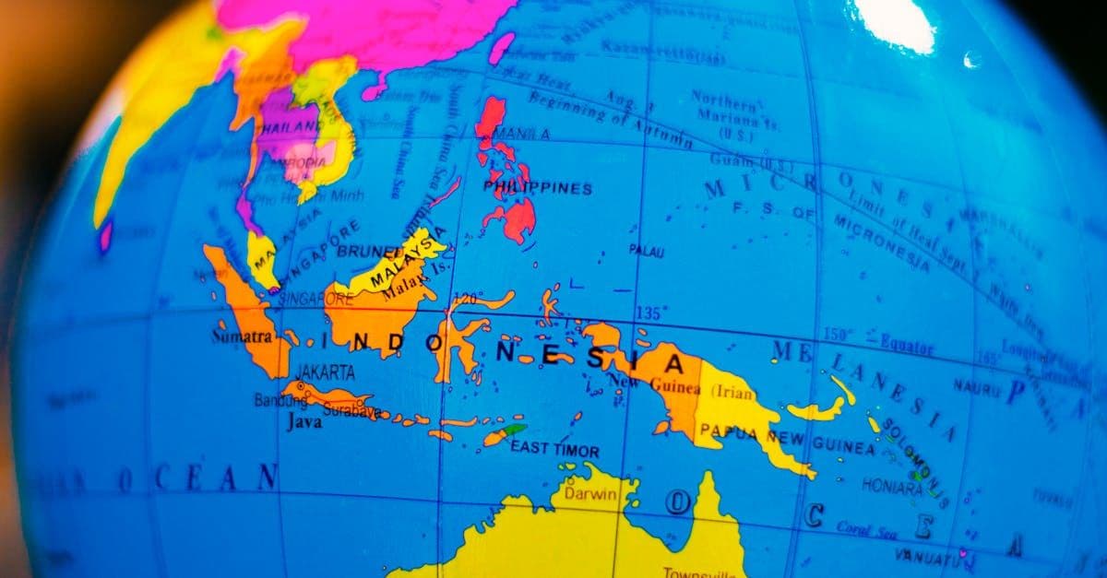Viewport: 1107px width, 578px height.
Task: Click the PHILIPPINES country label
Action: pyautogui.click(x=538, y=189)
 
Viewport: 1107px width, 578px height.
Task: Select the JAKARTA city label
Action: pyautogui.click(x=325, y=373)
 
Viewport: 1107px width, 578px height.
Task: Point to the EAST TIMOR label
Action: pyautogui.click(x=554, y=451)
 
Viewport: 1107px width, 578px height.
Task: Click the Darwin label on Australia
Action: pyautogui.click(x=589, y=495)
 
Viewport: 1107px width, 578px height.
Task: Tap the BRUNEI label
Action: pyautogui.click(x=368, y=250)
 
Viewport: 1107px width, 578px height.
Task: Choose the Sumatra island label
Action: pyautogui.click(x=242, y=336)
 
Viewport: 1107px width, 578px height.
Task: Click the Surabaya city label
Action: pyautogui.click(x=351, y=412)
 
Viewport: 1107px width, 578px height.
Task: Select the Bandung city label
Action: pyautogui.click(x=275, y=401)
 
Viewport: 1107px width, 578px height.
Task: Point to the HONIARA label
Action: pyautogui.click(x=892, y=484)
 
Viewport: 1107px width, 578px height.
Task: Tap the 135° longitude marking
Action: pyautogui.click(x=648, y=312)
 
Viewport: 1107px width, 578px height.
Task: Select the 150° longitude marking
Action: pyautogui.click(x=838, y=334)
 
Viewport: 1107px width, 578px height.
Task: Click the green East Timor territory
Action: pyautogui.click(x=515, y=430)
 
